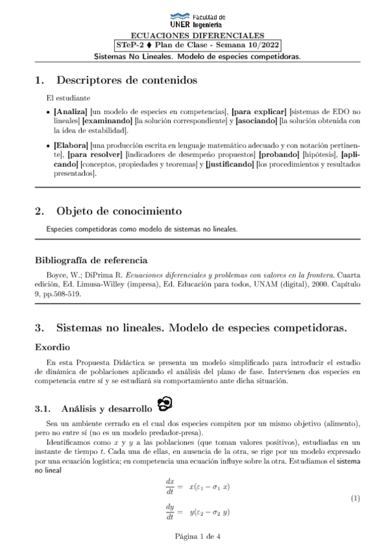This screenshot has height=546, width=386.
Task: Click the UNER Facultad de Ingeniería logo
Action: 193,19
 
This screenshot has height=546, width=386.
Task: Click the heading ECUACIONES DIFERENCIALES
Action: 193,35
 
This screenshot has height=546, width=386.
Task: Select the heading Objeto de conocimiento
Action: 119,211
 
